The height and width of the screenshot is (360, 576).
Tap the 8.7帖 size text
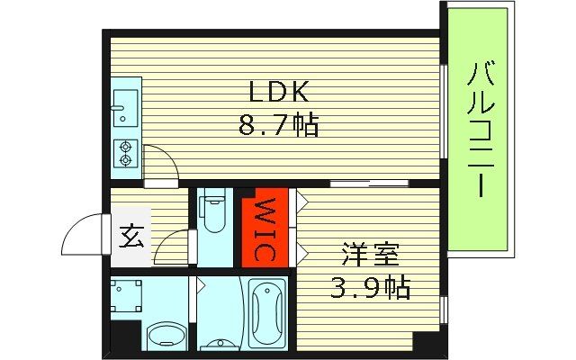pyautogui.click(x=279, y=125)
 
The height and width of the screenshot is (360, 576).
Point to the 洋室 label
pyautogui.click(x=369, y=256)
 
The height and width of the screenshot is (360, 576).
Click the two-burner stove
pyautogui.click(x=125, y=155)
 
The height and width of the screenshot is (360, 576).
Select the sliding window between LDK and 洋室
pyautogui.click(x=370, y=184)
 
